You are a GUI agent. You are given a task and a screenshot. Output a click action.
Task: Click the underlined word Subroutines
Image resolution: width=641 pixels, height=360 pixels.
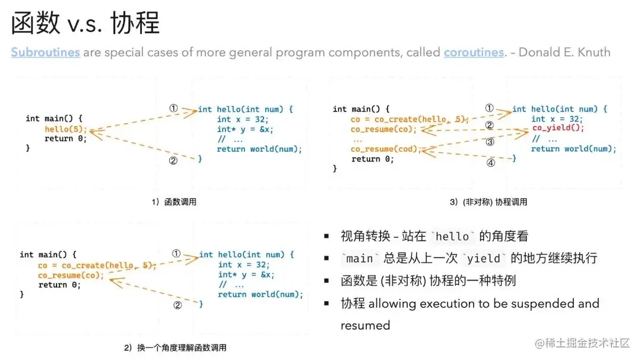(x=45, y=52)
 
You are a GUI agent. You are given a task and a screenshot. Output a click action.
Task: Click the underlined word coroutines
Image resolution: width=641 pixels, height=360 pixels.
(x=474, y=52)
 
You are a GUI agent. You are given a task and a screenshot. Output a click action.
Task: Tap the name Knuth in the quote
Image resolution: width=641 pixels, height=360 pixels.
(x=590, y=52)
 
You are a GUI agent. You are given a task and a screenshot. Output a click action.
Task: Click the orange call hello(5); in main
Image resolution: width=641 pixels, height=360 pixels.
(x=65, y=129)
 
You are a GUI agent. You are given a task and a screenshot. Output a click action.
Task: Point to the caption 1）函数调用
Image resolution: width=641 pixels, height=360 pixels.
(x=173, y=202)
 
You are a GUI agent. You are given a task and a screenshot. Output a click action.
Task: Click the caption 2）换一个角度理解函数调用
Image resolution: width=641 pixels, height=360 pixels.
(x=175, y=348)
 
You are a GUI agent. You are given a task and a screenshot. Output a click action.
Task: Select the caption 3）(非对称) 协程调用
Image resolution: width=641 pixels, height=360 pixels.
(x=488, y=202)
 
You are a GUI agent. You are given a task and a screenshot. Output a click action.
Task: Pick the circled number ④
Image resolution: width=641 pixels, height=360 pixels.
(x=490, y=163)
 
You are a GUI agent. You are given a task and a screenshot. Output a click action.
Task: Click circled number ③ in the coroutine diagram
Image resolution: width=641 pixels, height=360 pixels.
(x=490, y=142)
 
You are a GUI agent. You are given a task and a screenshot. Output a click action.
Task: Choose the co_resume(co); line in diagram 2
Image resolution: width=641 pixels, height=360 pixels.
(x=71, y=275)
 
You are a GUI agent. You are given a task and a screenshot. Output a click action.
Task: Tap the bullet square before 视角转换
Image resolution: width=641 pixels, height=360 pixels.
(x=326, y=236)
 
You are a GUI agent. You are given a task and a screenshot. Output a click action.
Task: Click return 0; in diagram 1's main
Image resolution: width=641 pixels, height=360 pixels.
(x=65, y=139)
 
